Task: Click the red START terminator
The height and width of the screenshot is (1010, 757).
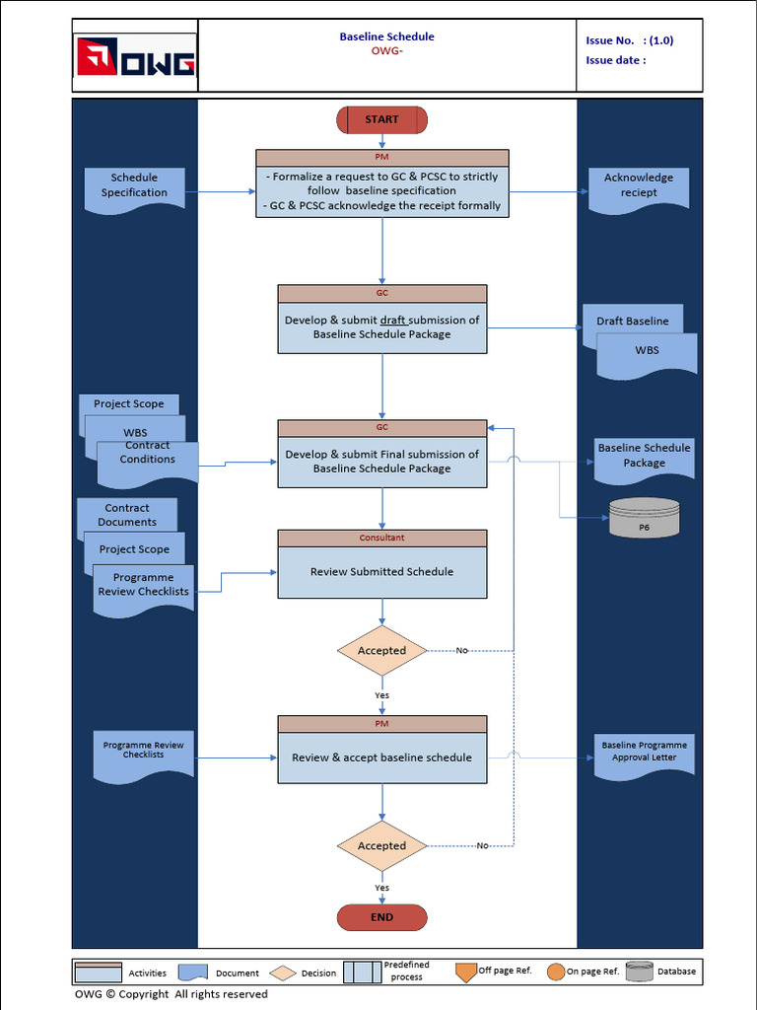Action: pos(381,120)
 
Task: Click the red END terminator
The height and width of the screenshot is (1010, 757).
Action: pos(381,917)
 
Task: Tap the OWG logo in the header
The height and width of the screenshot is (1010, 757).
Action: pos(135,56)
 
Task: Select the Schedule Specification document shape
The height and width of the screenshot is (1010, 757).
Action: pos(134,186)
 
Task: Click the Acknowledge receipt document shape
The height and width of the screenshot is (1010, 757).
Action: pos(638,186)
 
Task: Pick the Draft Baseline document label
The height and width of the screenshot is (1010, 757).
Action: pos(632,322)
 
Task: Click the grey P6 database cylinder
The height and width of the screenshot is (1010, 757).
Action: pos(644,518)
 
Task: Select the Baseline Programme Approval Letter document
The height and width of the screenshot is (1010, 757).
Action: pos(644,754)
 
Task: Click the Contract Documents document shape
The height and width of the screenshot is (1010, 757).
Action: pos(127,514)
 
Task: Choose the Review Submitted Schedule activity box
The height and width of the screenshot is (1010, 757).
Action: pos(381,572)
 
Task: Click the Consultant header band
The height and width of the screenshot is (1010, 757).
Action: pos(381,538)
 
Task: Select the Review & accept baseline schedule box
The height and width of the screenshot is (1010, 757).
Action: pos(381,757)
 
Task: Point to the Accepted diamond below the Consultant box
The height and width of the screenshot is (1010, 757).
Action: pos(381,651)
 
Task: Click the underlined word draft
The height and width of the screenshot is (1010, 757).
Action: pos(393,321)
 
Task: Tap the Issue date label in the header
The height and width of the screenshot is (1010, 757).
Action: pos(616,60)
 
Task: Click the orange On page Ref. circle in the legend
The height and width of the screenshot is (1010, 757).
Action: pos(556,972)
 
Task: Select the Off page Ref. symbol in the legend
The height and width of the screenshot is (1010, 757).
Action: pos(466,972)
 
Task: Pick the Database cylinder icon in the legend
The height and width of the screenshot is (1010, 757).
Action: pos(639,972)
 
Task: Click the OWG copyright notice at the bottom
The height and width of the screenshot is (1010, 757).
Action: pos(172,994)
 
